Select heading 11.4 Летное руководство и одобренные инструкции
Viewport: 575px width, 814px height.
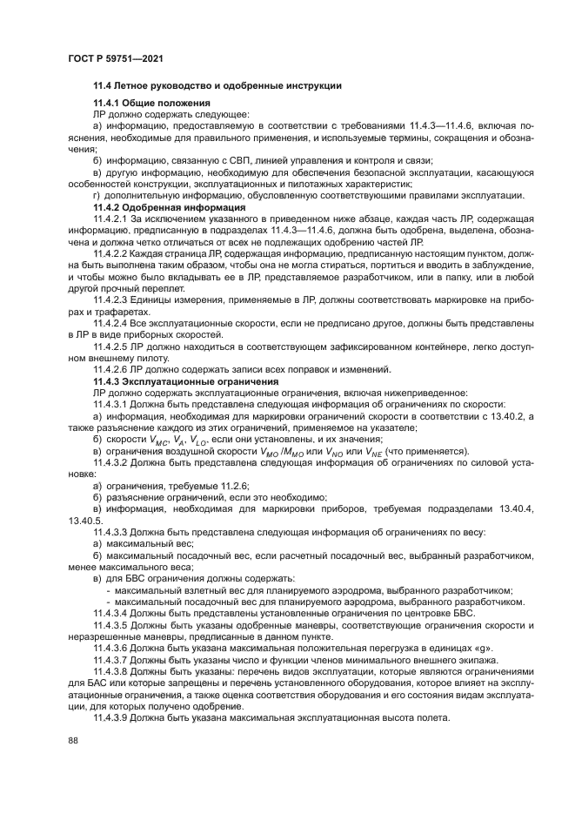point(217,86)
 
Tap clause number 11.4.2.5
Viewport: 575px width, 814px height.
point(116,346)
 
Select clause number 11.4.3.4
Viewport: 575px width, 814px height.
point(116,614)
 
